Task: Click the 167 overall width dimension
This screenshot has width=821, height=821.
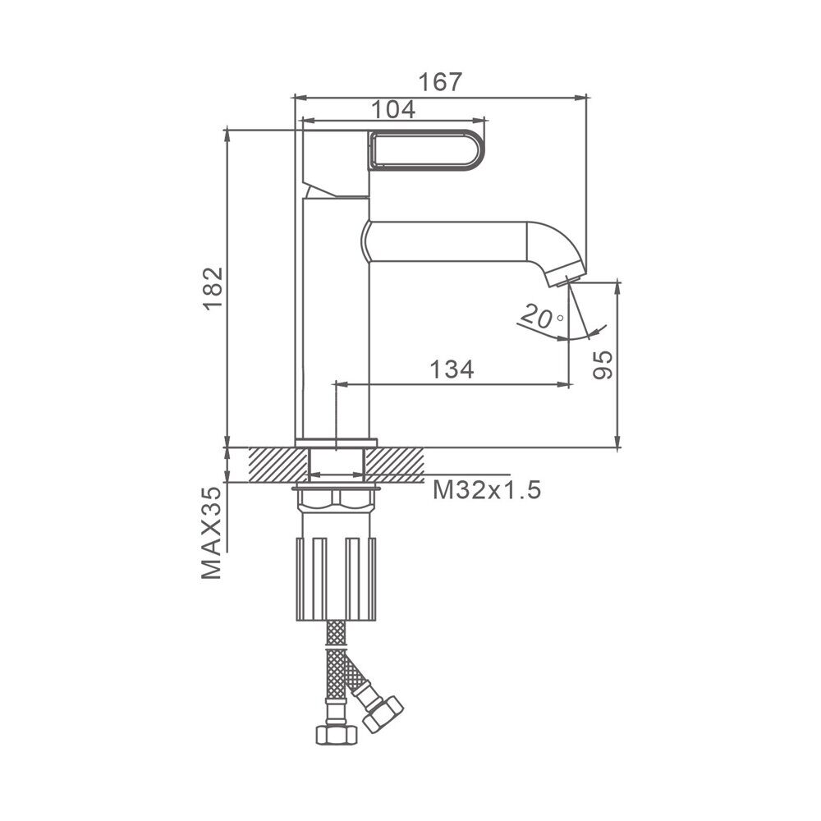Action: coord(441,81)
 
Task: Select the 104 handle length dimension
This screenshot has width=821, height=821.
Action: coord(393,109)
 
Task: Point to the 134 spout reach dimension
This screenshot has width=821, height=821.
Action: coord(452,369)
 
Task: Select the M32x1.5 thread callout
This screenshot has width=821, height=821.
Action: coord(486,491)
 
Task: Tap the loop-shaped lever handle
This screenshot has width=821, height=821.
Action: coord(427,150)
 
